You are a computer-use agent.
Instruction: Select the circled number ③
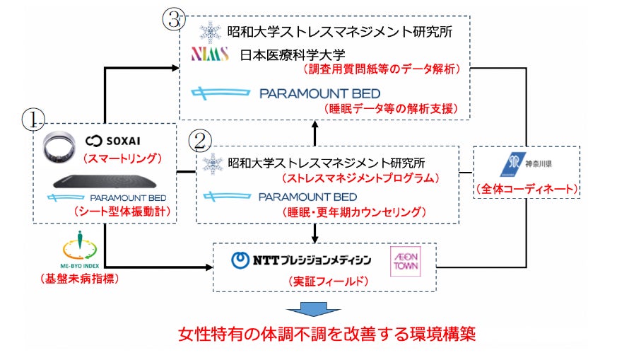(174, 19)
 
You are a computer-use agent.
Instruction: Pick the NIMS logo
(211, 54)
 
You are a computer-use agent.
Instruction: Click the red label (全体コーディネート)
(526, 190)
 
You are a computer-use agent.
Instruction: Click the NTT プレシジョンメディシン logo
(301, 260)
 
